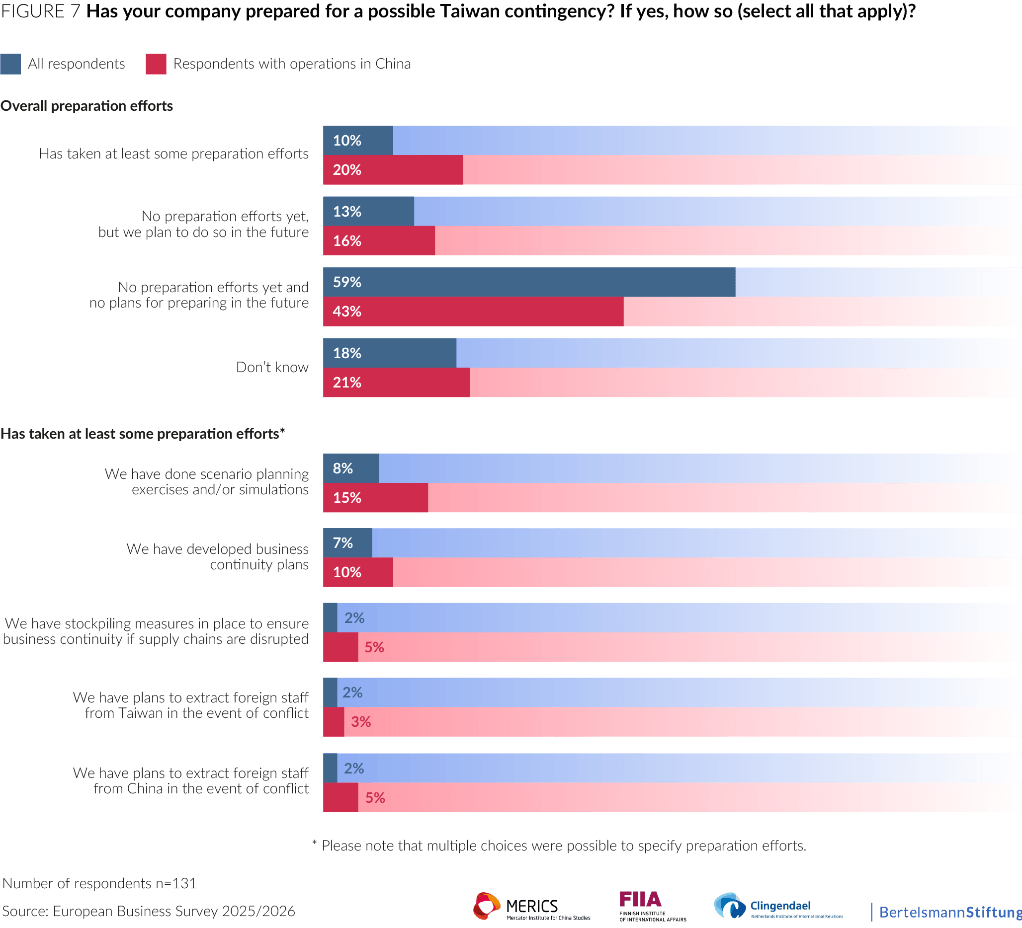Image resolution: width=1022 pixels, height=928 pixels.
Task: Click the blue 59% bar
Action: (529, 282)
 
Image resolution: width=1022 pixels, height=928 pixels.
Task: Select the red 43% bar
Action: (473, 311)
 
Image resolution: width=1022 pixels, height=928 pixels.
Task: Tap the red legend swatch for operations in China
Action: (156, 64)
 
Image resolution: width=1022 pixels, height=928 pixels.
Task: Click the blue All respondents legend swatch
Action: (10, 64)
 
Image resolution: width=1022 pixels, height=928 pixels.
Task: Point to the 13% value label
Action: (347, 211)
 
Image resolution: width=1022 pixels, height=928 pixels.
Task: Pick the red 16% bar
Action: (379, 240)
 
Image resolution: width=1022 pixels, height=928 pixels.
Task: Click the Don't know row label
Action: (272, 367)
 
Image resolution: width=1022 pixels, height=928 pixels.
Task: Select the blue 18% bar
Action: (389, 353)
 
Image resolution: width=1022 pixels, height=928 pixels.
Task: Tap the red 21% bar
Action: (397, 383)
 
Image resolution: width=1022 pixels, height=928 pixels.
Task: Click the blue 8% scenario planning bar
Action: (351, 468)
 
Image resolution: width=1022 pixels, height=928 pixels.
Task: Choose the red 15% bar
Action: (375, 497)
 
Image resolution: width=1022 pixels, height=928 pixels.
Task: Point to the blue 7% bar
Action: (347, 543)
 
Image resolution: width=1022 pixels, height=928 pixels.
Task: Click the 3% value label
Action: (361, 722)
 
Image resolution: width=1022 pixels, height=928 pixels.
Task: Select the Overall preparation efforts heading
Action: (86, 106)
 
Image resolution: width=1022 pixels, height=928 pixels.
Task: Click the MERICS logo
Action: (532, 906)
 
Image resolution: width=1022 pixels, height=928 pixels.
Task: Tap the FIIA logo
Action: (653, 906)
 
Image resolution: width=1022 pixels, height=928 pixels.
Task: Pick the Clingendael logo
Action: (778, 906)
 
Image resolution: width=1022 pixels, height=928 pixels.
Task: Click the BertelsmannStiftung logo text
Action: (950, 912)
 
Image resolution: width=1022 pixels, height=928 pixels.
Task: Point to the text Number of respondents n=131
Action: (99, 883)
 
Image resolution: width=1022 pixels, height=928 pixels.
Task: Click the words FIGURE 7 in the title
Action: (41, 11)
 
